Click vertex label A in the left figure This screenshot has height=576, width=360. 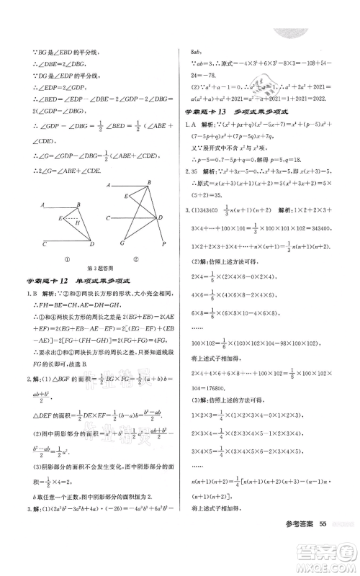43,206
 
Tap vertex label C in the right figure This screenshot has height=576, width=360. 107,217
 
